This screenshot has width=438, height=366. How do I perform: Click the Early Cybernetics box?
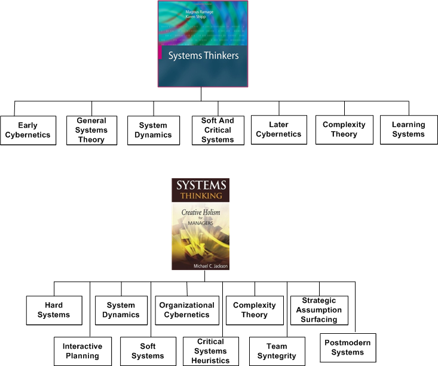tap(28, 130)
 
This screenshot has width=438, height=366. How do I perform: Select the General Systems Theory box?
tap(91, 130)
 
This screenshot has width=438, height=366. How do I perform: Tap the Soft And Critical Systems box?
tap(218, 130)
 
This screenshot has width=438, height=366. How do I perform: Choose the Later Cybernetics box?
tap(278, 130)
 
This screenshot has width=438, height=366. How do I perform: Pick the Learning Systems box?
tap(408, 130)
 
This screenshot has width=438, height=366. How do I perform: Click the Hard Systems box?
tap(54, 310)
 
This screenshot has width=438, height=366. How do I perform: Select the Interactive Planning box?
tap(82, 351)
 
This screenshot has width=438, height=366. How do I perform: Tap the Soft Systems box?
tap(148, 351)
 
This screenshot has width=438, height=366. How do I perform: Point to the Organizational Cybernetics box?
tap(186, 310)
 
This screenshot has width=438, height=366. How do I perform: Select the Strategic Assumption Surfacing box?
tap(319, 310)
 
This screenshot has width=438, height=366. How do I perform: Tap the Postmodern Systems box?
tap(348, 348)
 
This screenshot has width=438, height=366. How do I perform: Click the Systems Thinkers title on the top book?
tap(203, 56)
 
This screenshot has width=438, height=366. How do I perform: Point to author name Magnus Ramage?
tap(200, 12)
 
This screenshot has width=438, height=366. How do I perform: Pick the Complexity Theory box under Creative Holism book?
tap(255, 310)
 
